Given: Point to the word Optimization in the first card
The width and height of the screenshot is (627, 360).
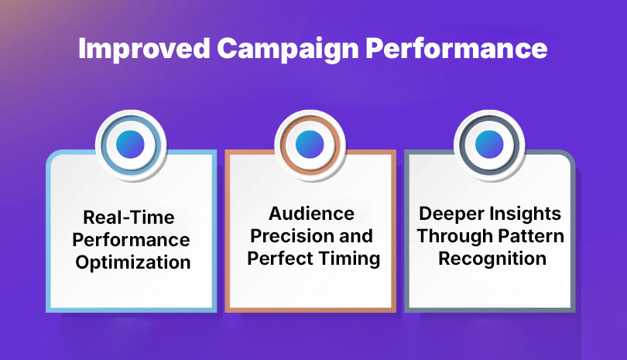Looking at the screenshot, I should tap(132, 262).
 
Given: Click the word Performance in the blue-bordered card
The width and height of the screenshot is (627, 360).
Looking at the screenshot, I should tap(132, 239).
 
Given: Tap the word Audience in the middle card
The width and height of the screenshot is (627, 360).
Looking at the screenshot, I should tap(312, 213).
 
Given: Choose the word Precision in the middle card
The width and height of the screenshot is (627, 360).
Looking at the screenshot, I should tap(295, 235).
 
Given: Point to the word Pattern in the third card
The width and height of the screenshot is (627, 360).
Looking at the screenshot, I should tap(529, 235).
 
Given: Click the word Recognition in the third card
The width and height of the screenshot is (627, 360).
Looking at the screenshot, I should tap(491, 259).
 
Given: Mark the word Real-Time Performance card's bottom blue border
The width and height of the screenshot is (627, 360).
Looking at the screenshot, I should tap(132, 310).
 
